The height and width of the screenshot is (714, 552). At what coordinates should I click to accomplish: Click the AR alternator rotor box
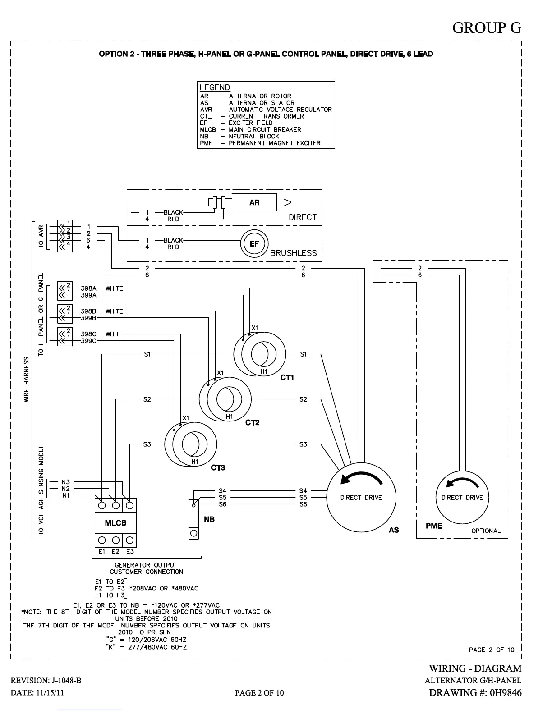254,202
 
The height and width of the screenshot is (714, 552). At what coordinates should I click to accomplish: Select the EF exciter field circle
254,244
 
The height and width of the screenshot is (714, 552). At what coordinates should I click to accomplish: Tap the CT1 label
287,378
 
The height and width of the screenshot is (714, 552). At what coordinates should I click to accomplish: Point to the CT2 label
253,422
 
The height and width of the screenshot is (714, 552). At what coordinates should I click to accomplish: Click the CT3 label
218,467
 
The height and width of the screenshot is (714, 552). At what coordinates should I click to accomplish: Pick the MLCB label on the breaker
116,523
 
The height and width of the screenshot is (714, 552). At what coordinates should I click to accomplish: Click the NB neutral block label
209,519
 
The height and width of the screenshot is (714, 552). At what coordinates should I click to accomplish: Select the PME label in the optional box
434,526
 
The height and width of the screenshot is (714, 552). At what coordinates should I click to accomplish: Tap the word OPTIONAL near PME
486,531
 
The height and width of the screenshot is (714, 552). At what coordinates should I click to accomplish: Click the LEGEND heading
215,87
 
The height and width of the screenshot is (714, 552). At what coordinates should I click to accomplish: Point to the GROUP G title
487,27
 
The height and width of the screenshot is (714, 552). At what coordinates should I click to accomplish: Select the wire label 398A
89,288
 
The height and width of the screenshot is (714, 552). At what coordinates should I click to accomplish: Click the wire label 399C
89,341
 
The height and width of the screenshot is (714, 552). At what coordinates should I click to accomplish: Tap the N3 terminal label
66,482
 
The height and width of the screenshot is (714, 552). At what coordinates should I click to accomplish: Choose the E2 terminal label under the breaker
115,551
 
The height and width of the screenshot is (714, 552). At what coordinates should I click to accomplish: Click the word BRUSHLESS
294,253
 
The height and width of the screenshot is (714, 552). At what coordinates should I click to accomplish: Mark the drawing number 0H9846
506,692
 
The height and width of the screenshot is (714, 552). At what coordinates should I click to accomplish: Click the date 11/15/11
51,692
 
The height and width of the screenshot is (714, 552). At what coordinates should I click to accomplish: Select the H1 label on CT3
195,461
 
